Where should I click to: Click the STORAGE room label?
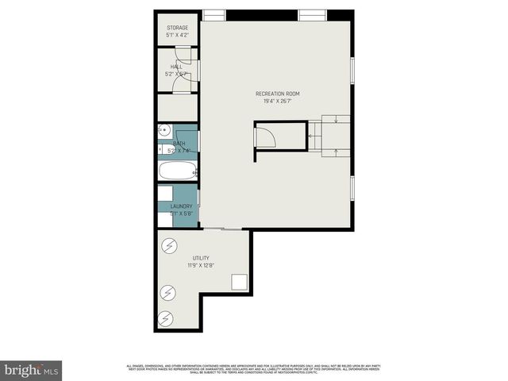click(x=177, y=28)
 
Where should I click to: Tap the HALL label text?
click(x=177, y=67)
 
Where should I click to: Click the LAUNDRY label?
click(x=181, y=206)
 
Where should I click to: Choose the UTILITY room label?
click(x=200, y=259)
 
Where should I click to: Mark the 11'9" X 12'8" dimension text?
click(x=200, y=266)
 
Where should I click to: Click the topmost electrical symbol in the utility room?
click(x=170, y=245)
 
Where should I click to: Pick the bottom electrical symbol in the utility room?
click(x=166, y=319)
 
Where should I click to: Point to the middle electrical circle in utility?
click(x=167, y=294)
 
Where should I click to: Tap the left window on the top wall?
click(x=214, y=14)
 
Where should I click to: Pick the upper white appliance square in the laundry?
click(x=166, y=193)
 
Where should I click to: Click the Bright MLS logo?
click(x=32, y=370)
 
